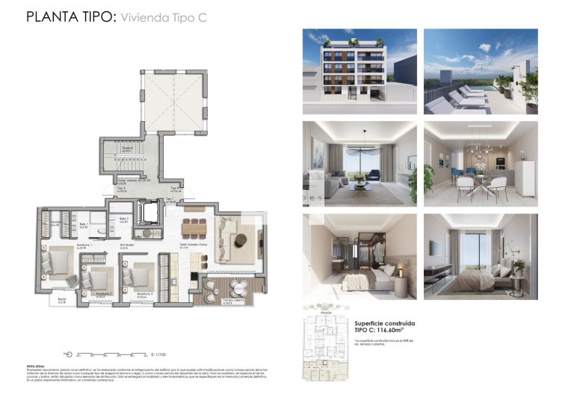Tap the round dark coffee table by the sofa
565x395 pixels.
point(240,240)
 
